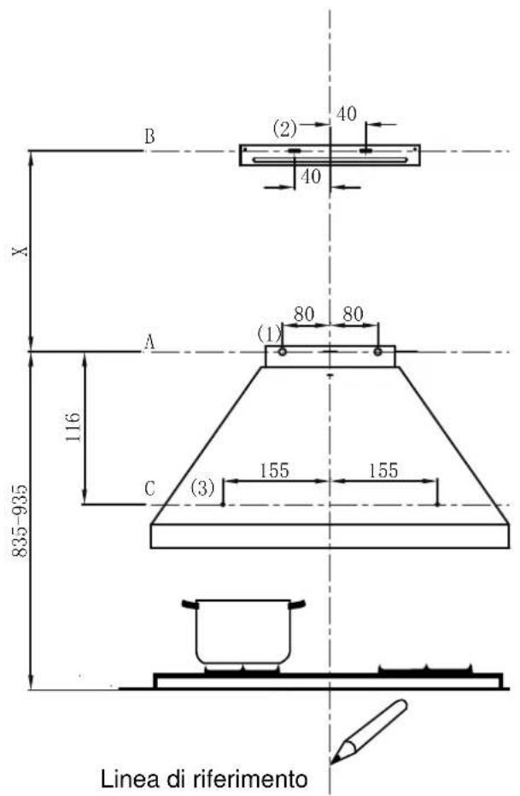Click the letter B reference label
click(149, 137)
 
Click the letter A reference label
click(149, 342)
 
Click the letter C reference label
click(149, 489)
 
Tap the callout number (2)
click(284, 129)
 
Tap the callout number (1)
click(269, 335)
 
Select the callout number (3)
click(202, 489)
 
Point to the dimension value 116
click(73, 426)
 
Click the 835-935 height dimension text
click(20, 521)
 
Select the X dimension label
click(21, 251)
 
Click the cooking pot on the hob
click(243, 631)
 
